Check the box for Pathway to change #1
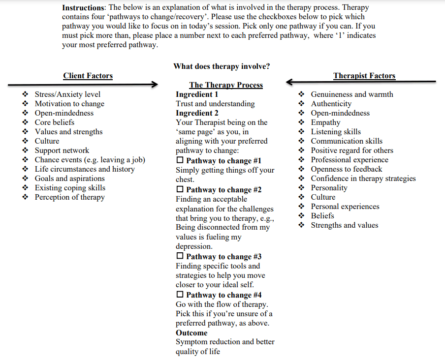(180, 161)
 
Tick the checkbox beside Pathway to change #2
(180, 190)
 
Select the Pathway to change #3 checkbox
(180, 256)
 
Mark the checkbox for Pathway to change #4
(180, 295)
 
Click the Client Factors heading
(88, 76)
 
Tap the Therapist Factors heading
(364, 76)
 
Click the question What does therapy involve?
(222, 66)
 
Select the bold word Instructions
(83, 8)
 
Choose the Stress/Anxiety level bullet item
(67, 94)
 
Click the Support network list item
(62, 150)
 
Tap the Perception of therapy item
(69, 197)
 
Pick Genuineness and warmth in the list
(352, 94)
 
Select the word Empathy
(325, 122)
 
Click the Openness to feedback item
(347, 169)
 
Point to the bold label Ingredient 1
(197, 94)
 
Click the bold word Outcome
(191, 333)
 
